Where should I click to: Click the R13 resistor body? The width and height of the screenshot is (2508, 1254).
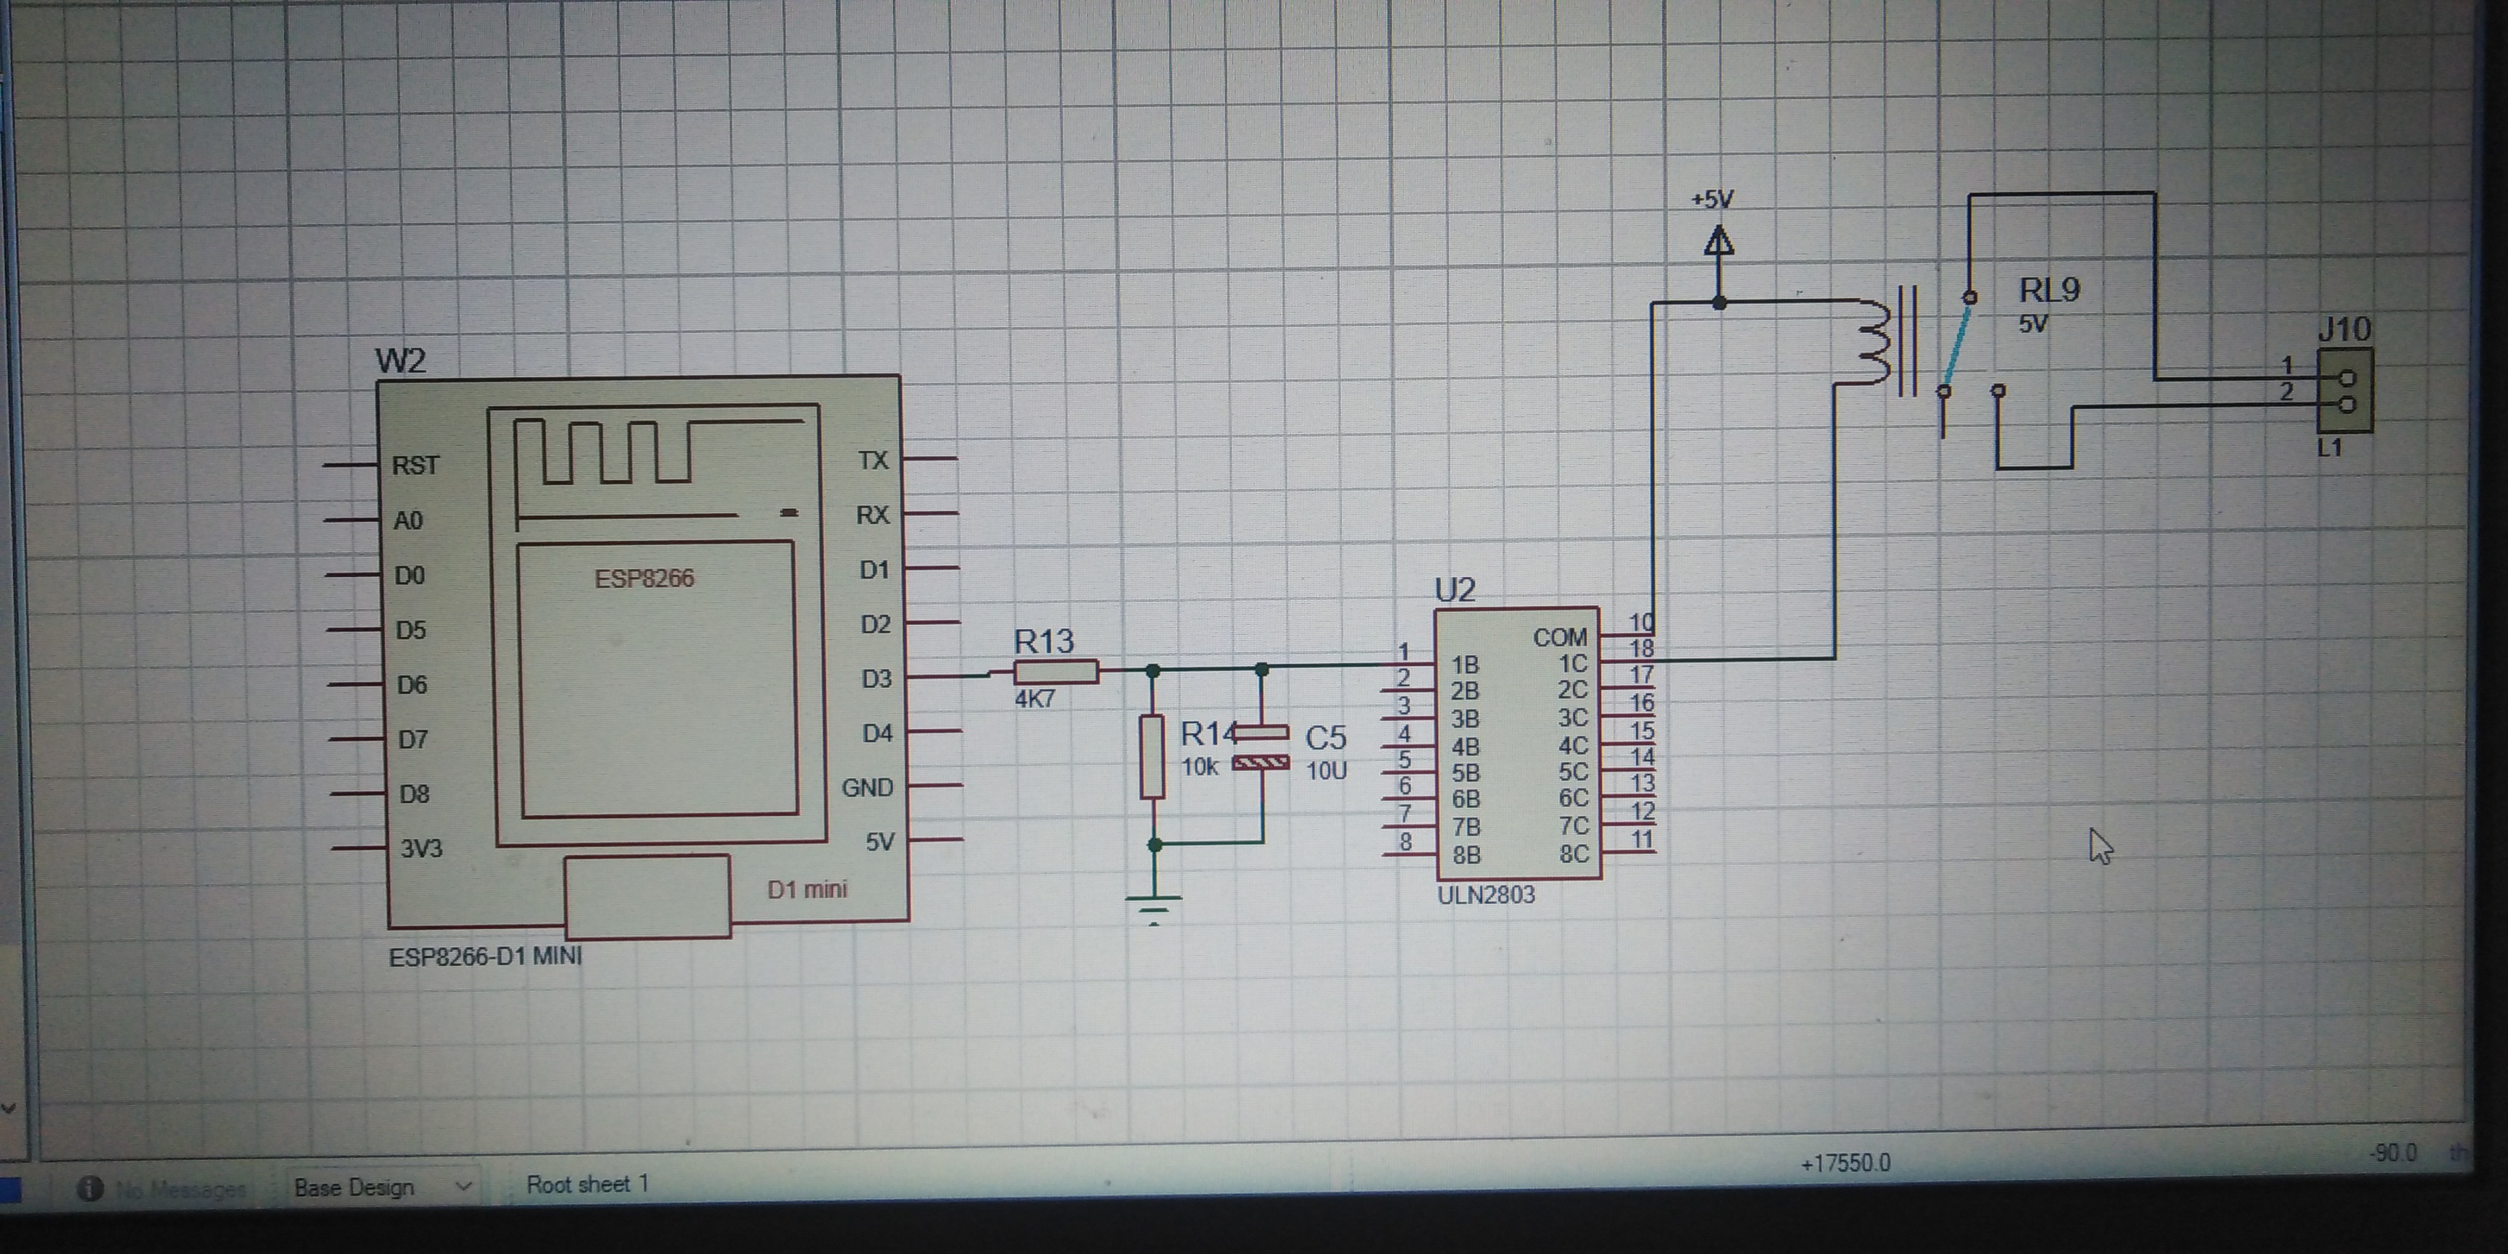coord(1056,672)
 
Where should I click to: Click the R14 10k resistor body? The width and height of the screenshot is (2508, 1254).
coord(1153,758)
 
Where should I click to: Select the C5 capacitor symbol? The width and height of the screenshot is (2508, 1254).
coord(1262,747)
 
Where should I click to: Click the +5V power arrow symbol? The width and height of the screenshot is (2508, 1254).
coord(1718,241)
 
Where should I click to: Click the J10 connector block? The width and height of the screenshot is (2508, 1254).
coord(2344,390)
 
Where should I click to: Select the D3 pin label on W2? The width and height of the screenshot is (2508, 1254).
coord(875,678)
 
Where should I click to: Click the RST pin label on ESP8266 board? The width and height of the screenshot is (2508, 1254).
coord(416,466)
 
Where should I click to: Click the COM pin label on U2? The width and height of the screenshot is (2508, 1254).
coord(1559,638)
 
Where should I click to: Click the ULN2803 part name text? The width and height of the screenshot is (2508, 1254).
coord(1486,894)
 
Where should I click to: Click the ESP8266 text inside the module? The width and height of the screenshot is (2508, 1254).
coord(644,579)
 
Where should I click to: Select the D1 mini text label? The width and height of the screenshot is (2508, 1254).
coord(806,889)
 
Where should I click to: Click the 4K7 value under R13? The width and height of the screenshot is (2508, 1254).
coord(1034,699)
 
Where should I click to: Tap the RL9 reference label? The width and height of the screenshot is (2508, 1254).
coord(2049,290)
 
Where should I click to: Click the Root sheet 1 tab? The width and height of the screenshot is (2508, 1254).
coord(586,1184)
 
